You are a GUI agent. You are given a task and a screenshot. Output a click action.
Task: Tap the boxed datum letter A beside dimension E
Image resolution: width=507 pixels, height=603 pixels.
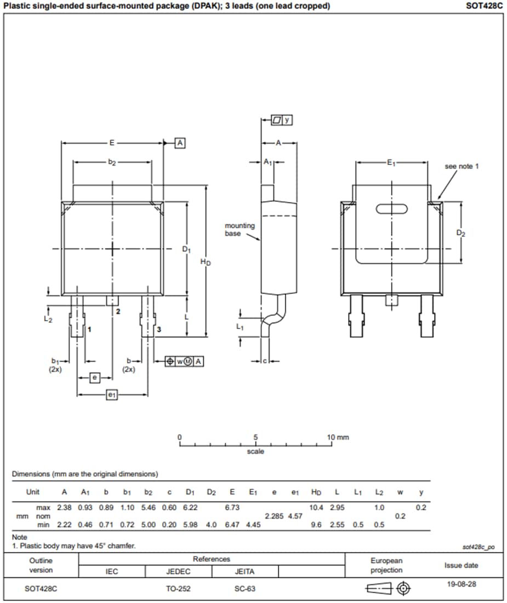(x=180, y=143)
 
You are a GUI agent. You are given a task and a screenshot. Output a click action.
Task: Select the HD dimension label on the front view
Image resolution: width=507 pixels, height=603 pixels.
(x=205, y=262)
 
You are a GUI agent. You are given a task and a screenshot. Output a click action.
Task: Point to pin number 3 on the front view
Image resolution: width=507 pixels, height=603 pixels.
(x=158, y=329)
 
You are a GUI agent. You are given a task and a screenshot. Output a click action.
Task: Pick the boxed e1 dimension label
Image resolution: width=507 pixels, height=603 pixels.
(x=111, y=395)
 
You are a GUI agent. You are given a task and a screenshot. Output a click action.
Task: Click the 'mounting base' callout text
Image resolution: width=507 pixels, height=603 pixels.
(x=240, y=229)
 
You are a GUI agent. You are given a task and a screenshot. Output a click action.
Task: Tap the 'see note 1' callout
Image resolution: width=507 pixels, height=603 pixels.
(x=462, y=166)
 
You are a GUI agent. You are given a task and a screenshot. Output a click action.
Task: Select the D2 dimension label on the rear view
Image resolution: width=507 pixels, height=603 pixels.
(x=461, y=233)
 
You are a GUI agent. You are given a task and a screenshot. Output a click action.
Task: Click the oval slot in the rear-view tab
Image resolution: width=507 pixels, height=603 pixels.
(x=391, y=208)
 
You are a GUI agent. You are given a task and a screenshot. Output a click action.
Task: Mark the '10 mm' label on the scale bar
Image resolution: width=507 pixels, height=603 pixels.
(x=338, y=437)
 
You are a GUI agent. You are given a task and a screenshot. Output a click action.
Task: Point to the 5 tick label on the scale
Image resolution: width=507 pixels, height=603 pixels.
(x=255, y=437)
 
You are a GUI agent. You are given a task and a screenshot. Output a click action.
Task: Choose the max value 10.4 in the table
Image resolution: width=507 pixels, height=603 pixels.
(x=316, y=508)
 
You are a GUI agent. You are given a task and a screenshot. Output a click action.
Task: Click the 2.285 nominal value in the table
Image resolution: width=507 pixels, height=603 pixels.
(x=274, y=516)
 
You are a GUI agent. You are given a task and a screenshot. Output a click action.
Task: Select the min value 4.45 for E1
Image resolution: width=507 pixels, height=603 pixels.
(x=253, y=525)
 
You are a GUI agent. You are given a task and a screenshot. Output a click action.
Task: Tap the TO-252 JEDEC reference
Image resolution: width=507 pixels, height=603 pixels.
(x=178, y=589)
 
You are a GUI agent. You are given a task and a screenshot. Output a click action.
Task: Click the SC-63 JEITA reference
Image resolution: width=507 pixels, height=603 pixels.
(x=244, y=589)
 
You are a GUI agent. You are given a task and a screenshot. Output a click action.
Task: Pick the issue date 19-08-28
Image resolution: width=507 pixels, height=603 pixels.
(x=462, y=584)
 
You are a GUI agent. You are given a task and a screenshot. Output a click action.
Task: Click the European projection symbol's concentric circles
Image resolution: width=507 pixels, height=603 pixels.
(x=403, y=589)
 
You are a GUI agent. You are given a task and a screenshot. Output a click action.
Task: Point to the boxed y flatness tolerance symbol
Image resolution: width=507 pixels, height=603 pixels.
(x=282, y=120)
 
